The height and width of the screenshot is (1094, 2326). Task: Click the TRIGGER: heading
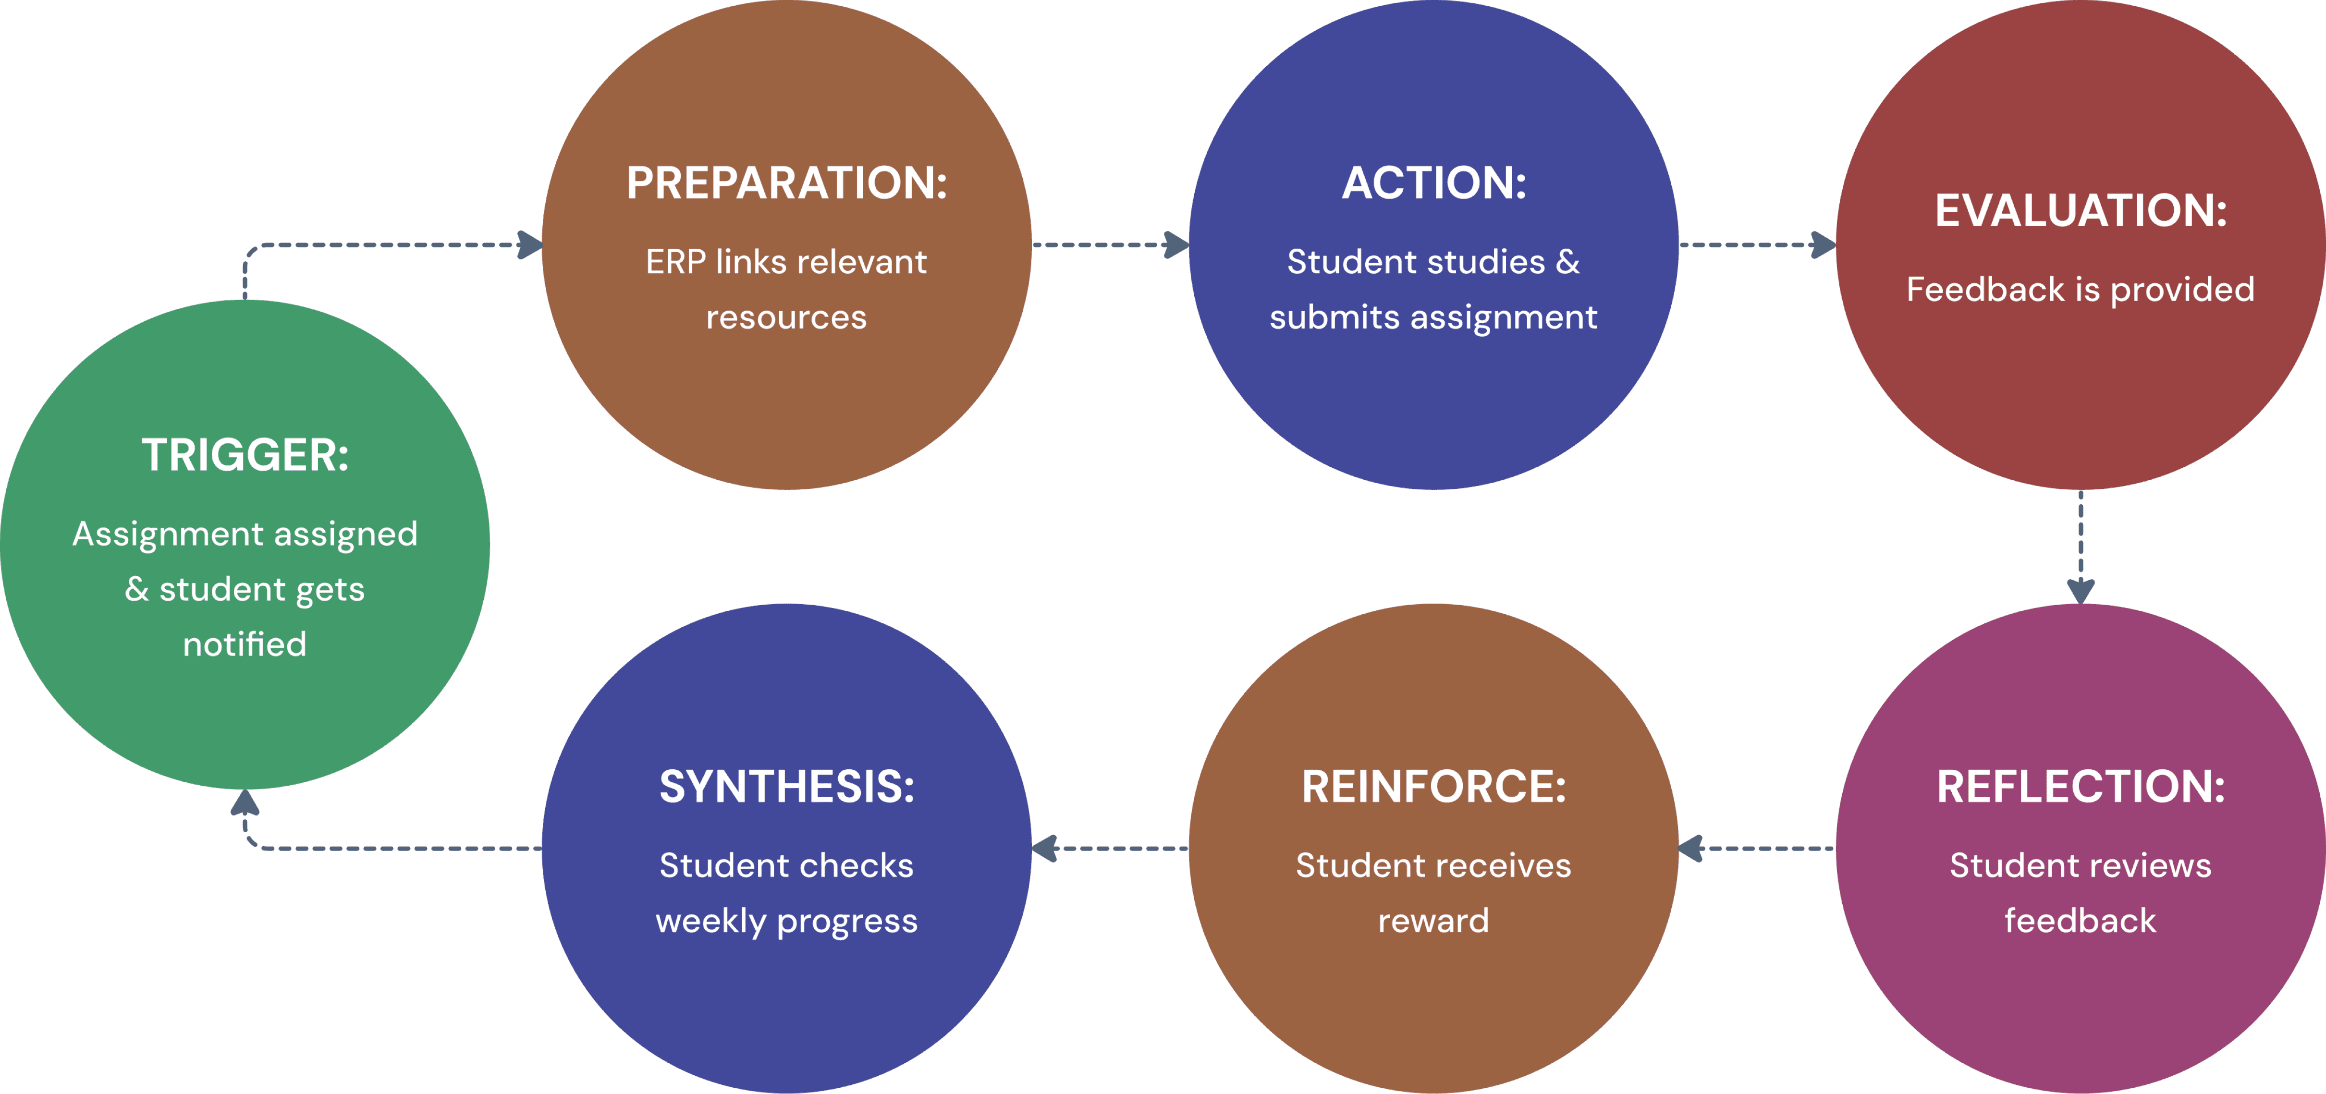pyautogui.click(x=245, y=455)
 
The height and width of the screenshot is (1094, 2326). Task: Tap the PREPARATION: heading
pyautogui.click(x=786, y=183)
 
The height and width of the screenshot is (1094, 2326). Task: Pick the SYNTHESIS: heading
pyautogui.click(x=786, y=787)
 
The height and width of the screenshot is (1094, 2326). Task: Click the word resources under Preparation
pyautogui.click(x=786, y=318)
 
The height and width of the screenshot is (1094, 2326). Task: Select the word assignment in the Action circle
pyautogui.click(x=1504, y=318)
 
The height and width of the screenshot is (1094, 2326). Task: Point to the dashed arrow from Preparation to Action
pyautogui.click(x=1111, y=244)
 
